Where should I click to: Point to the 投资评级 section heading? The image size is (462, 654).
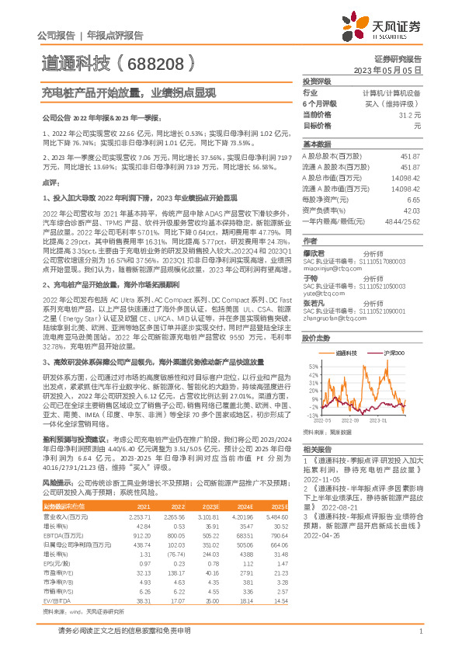tap(316, 81)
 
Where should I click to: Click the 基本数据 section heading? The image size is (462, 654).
tap(316, 144)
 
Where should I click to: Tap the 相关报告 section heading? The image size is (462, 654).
tap(316, 450)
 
